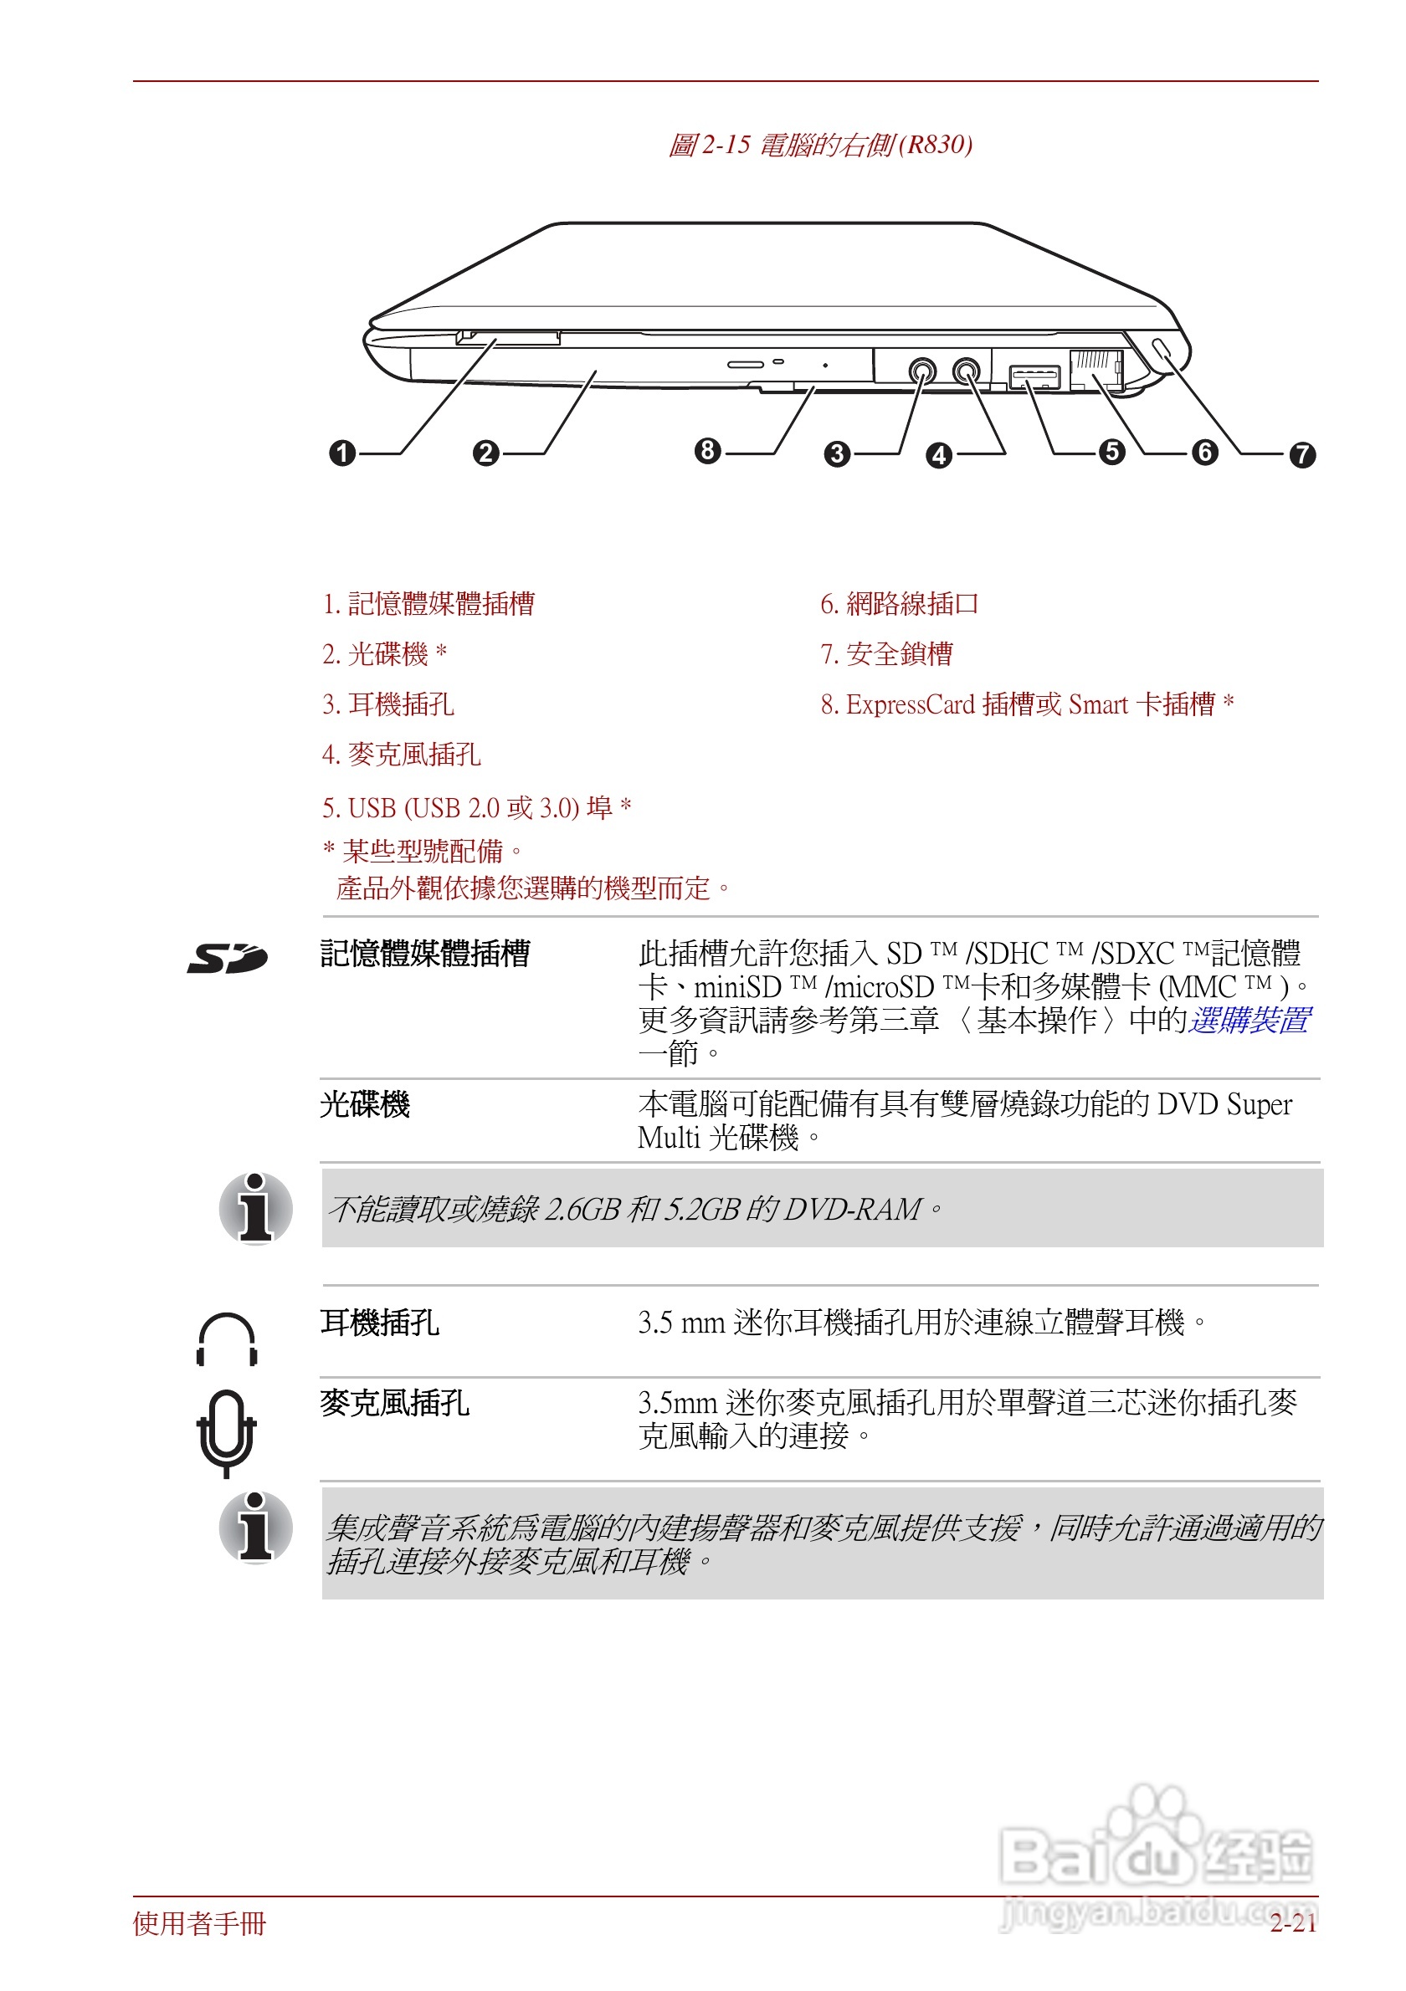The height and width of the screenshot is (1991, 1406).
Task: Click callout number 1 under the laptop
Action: click(x=342, y=453)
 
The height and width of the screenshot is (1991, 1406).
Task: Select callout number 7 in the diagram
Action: click(x=1301, y=454)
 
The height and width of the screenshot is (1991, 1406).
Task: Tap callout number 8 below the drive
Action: click(x=708, y=450)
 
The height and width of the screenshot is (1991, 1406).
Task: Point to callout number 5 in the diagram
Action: click(x=1111, y=452)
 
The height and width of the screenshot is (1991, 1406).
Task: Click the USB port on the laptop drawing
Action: click(x=1034, y=376)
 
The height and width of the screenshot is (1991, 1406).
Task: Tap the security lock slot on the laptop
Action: click(x=1162, y=350)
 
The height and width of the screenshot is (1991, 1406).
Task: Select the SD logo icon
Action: click(x=228, y=957)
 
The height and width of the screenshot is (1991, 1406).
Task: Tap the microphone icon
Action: click(x=225, y=1431)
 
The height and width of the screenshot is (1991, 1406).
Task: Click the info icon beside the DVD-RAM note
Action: click(x=255, y=1208)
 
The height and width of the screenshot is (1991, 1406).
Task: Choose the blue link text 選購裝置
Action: click(x=1249, y=1020)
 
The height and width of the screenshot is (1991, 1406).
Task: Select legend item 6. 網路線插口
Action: click(x=899, y=603)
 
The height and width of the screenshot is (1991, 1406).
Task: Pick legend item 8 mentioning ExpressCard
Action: click(x=1026, y=704)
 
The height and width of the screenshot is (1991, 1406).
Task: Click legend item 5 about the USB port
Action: click(x=476, y=807)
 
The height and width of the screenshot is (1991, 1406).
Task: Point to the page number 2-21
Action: click(x=1292, y=1923)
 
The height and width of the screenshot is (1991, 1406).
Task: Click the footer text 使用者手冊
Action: click(x=199, y=1923)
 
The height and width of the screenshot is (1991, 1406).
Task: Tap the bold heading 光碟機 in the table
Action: click(x=364, y=1104)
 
